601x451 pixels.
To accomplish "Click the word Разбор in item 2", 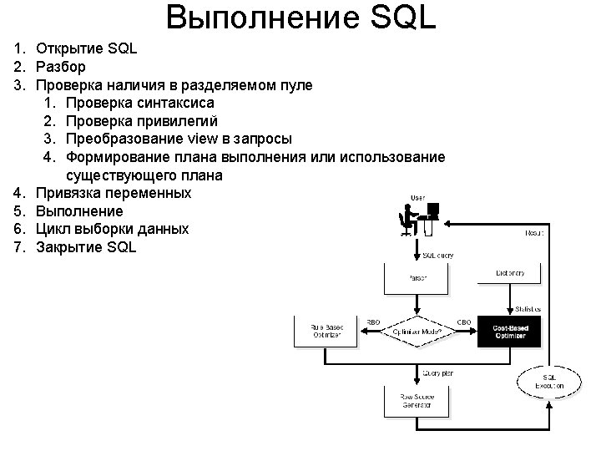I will point(61,67).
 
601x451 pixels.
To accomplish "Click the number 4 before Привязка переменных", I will point(18,193).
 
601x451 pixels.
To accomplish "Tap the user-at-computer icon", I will point(417,220).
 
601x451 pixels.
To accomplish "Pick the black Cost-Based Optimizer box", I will point(509,332).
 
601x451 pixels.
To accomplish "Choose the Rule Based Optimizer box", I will point(325,332).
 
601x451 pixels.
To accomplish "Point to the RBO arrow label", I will point(374,322).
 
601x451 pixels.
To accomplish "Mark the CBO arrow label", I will point(464,322).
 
